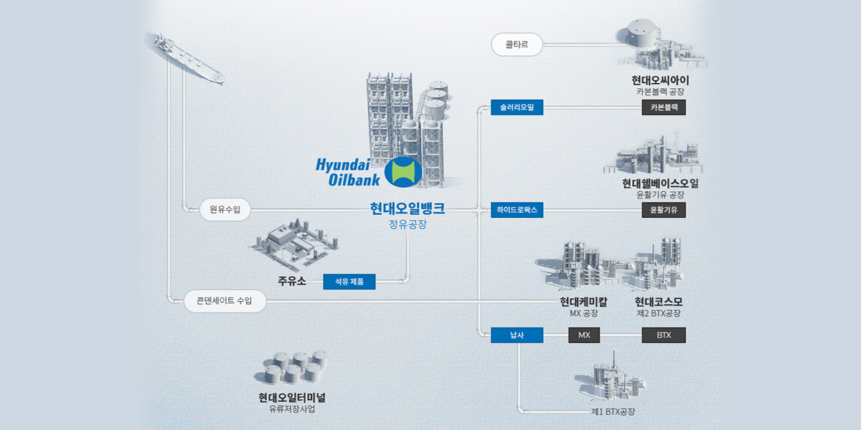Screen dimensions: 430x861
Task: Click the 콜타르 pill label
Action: (x=517, y=44)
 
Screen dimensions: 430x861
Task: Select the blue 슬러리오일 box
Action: (x=517, y=107)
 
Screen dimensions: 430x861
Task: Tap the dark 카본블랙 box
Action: (x=664, y=107)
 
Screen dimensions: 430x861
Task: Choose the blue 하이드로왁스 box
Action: (x=517, y=210)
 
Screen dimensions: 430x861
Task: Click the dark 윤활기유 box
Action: (x=664, y=210)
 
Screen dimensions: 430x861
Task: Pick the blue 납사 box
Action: (x=517, y=335)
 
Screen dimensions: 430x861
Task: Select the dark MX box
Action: (x=584, y=335)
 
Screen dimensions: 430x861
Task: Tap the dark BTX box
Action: (x=664, y=335)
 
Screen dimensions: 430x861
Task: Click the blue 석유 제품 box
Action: (x=349, y=282)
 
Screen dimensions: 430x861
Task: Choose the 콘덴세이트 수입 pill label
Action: (x=224, y=301)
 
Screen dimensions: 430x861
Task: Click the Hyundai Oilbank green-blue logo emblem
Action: (x=403, y=173)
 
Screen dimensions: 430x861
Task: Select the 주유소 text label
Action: (x=292, y=281)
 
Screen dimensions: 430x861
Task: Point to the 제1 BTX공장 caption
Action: (x=613, y=411)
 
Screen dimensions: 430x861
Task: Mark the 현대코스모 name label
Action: (x=659, y=301)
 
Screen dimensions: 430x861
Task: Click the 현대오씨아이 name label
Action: (x=661, y=80)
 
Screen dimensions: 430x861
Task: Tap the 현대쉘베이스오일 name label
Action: (x=660, y=183)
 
